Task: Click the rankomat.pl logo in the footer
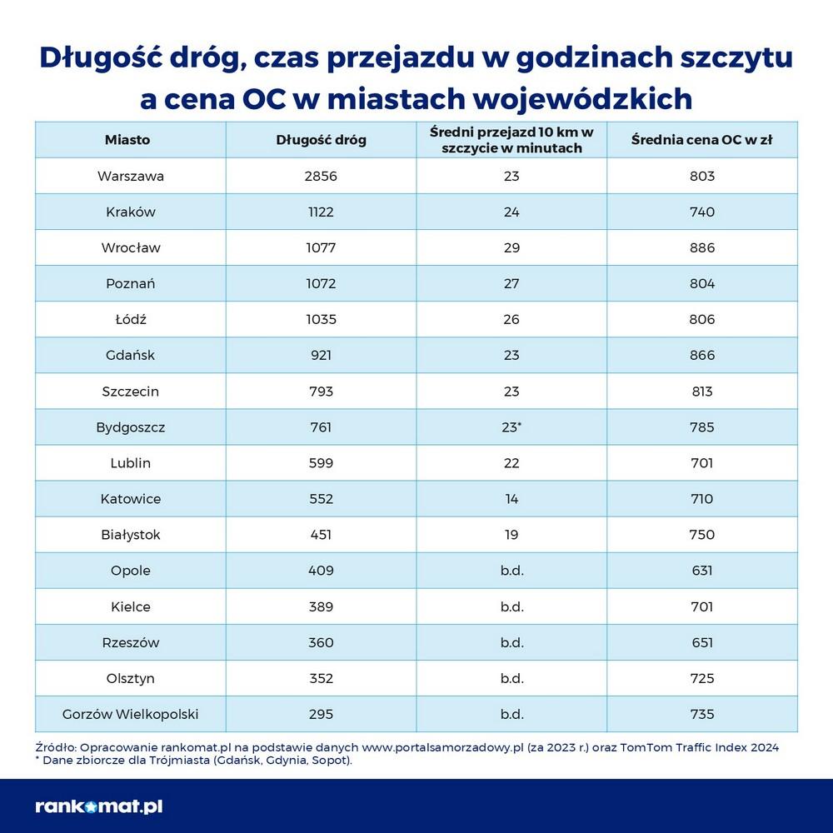click(98, 806)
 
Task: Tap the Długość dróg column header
click(321, 140)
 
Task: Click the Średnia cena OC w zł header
click(701, 140)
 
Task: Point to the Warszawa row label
click(130, 177)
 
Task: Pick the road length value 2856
click(321, 177)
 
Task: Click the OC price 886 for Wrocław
click(702, 248)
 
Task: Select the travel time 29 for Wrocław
click(511, 248)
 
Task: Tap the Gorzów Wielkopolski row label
click(130, 714)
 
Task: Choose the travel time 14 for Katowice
click(511, 499)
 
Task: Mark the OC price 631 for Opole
click(702, 571)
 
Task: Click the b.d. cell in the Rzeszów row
click(511, 642)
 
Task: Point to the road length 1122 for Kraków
click(321, 212)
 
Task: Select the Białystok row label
click(130, 535)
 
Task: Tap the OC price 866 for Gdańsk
click(702, 356)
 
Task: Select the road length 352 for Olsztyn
click(321, 678)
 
